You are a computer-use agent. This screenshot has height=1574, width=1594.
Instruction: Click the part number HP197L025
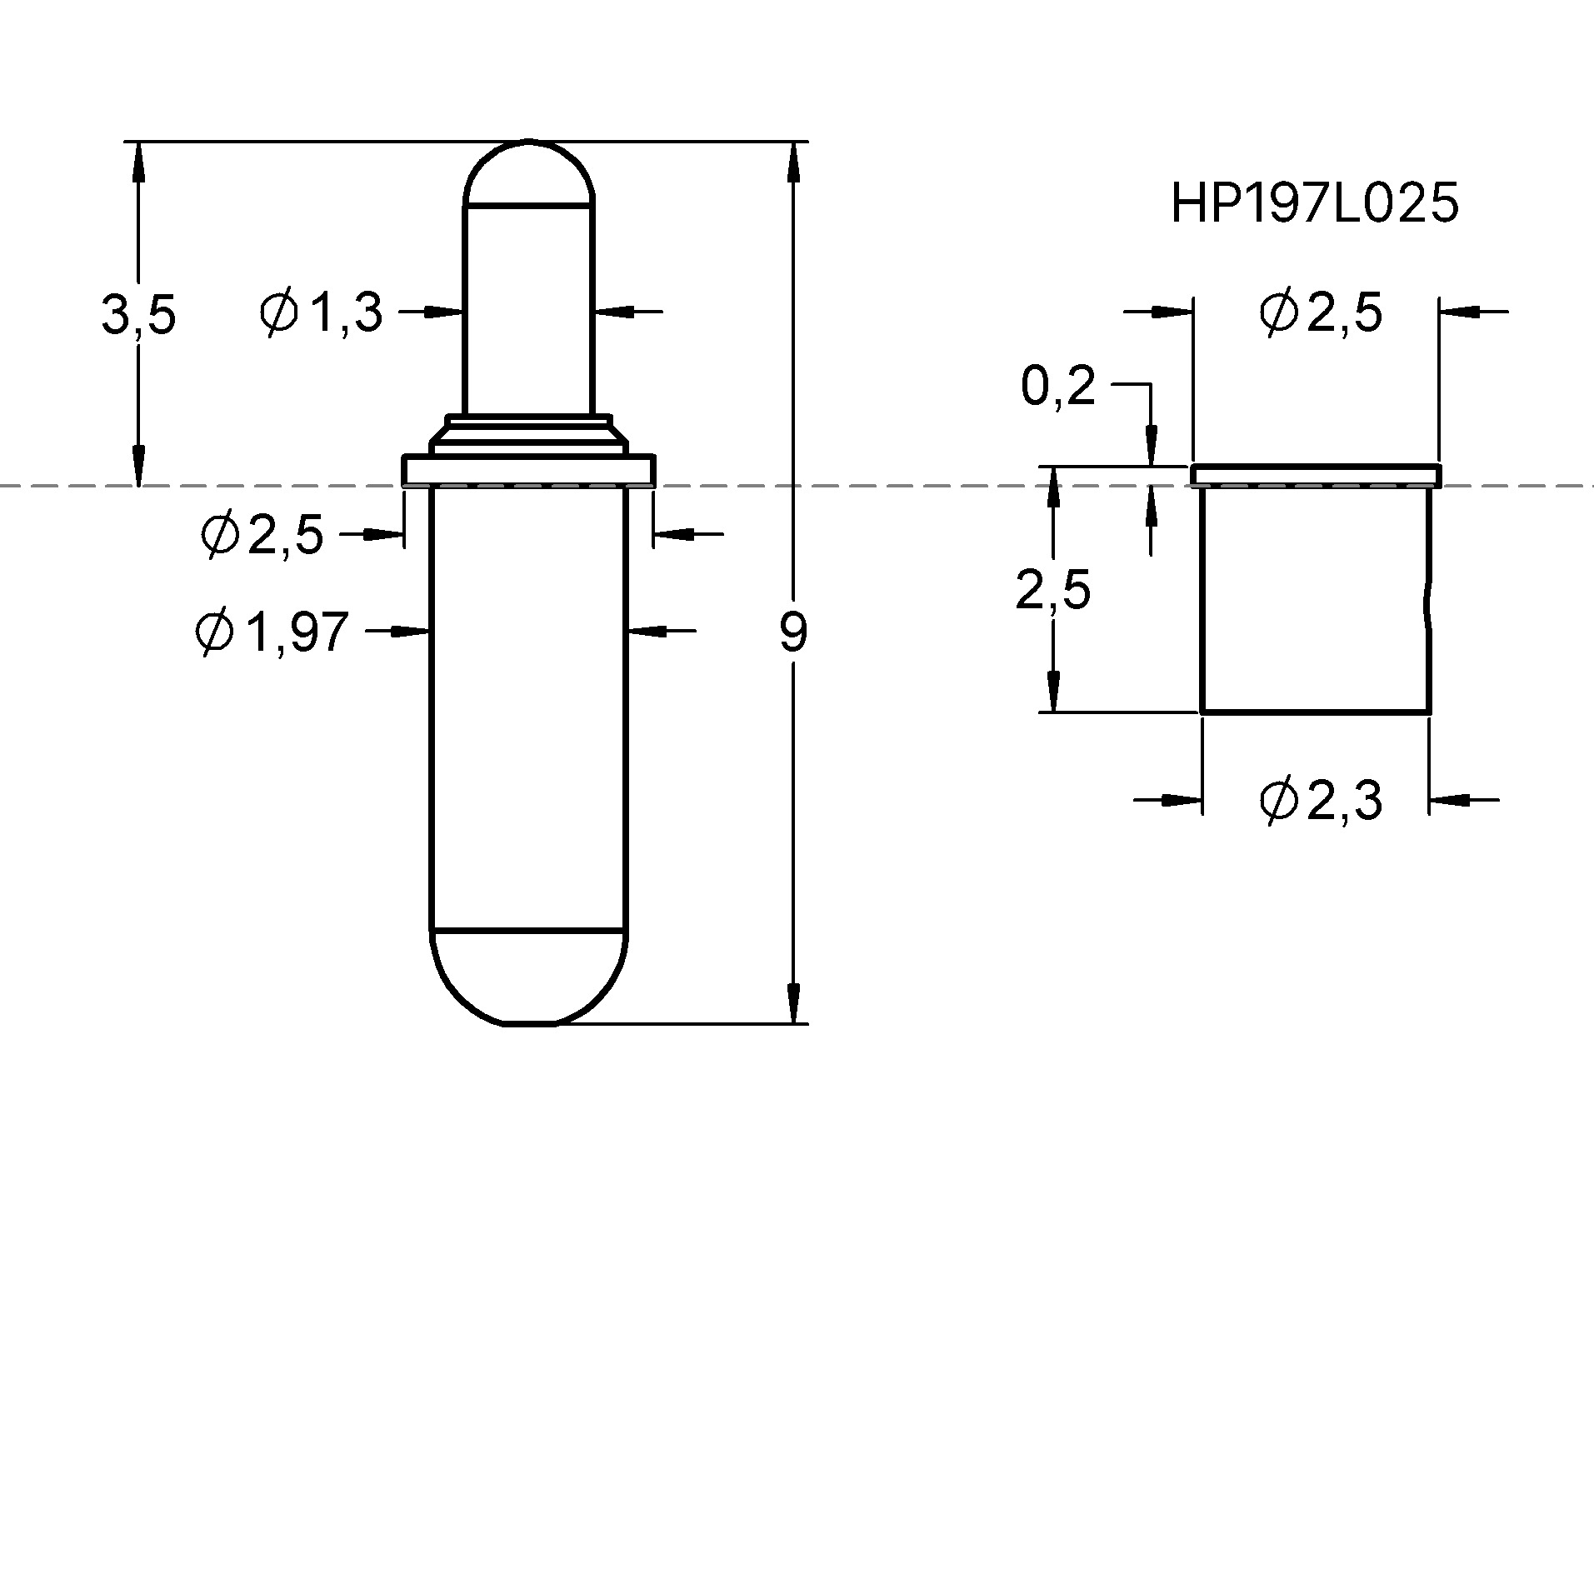pyautogui.click(x=1314, y=203)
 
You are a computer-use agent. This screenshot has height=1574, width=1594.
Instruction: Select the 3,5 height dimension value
pyautogui.click(x=138, y=315)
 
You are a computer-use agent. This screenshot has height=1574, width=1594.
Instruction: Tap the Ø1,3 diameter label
pyautogui.click(x=321, y=312)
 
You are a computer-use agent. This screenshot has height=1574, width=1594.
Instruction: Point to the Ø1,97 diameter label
pyautogui.click(x=272, y=632)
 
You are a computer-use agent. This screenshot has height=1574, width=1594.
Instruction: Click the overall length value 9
pyautogui.click(x=793, y=632)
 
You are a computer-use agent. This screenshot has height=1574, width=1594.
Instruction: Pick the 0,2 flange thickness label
pyautogui.click(x=1058, y=387)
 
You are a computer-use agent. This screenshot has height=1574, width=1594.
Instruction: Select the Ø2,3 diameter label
pyautogui.click(x=1321, y=801)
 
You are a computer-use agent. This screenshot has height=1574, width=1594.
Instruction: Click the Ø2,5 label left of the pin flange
pyautogui.click(x=262, y=533)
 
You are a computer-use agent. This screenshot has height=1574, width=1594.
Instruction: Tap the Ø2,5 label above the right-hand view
pyautogui.click(x=1321, y=313)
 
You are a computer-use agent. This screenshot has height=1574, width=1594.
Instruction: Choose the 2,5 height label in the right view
pyautogui.click(x=1052, y=591)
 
